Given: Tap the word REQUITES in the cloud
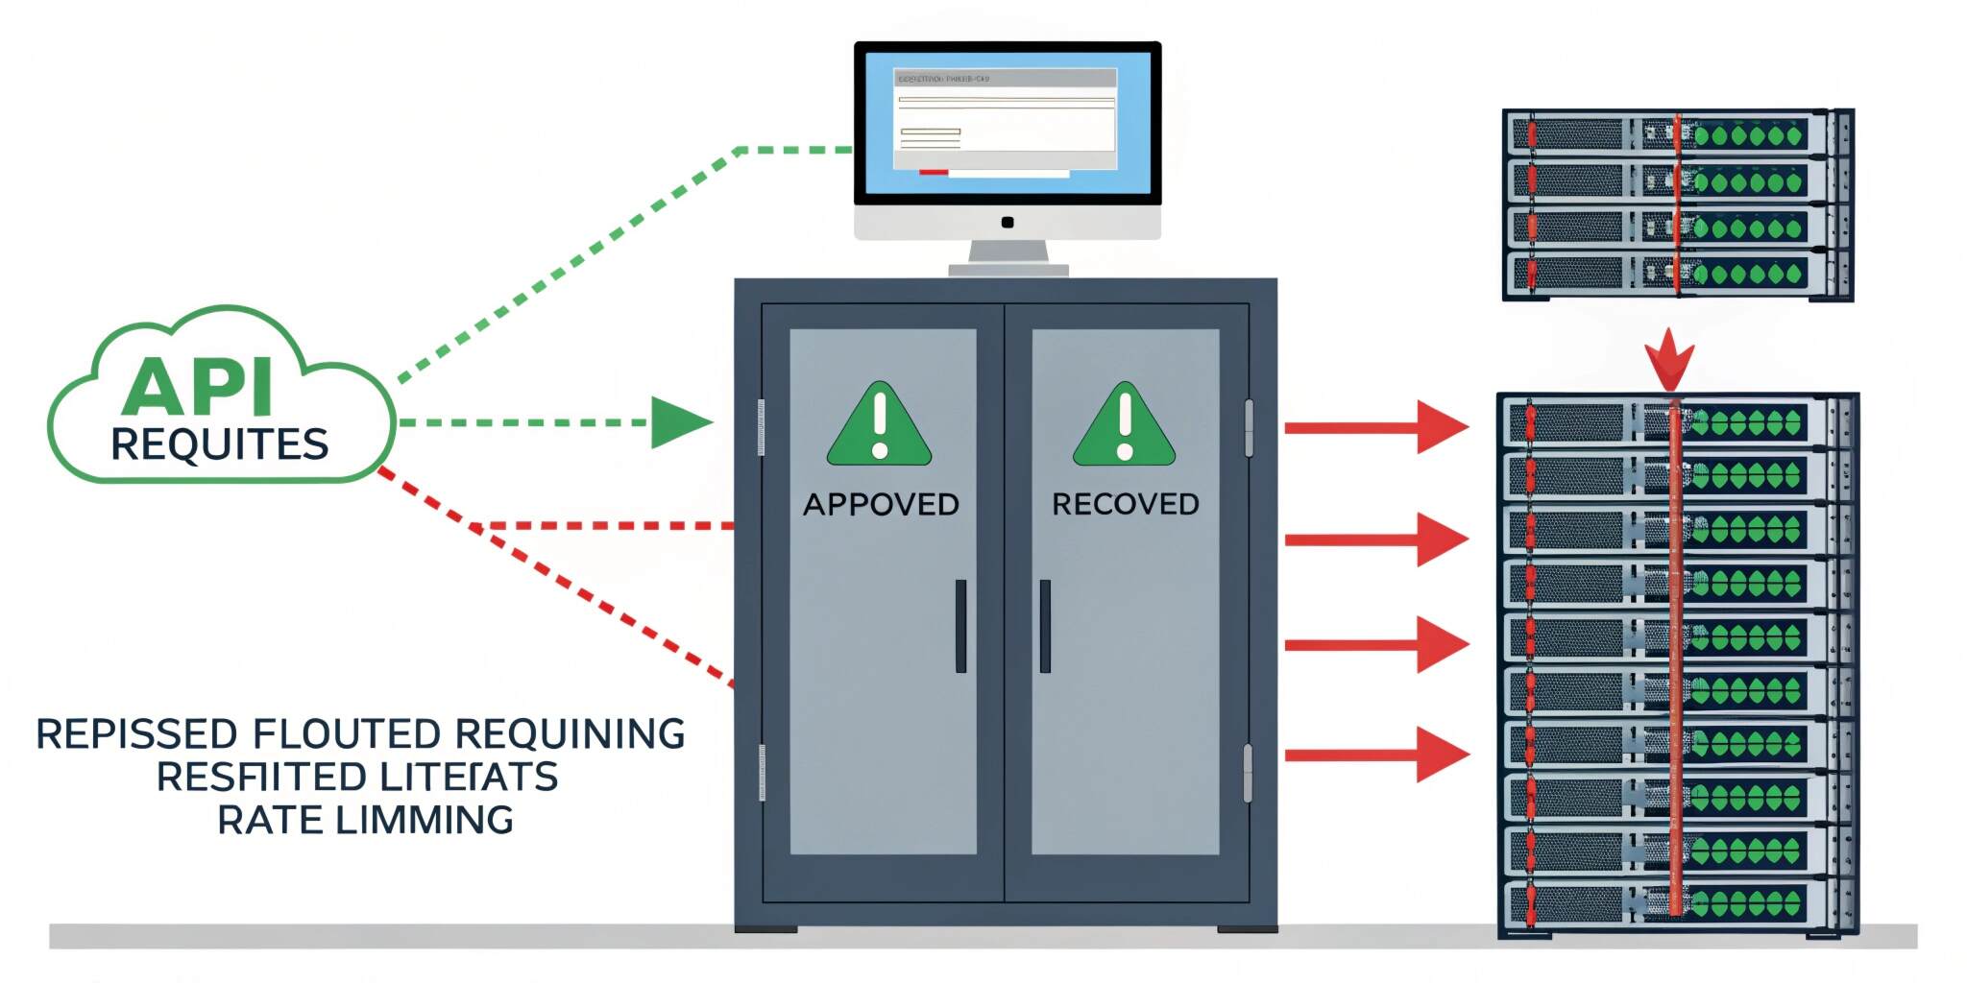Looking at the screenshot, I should click(220, 444).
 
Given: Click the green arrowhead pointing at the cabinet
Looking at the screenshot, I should click(680, 422).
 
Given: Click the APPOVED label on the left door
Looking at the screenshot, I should click(881, 505).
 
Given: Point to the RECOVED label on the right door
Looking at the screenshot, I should click(1126, 505).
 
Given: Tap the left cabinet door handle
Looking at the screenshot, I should click(960, 626).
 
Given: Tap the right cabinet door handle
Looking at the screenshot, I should click(1045, 626).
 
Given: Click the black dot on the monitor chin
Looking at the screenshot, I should click(1008, 223).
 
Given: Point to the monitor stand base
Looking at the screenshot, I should click(1008, 270).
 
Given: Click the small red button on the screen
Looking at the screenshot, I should click(934, 173).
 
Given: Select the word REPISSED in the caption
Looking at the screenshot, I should click(136, 734).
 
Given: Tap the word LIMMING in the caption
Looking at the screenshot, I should click(424, 821).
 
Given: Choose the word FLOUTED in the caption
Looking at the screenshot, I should click(347, 734).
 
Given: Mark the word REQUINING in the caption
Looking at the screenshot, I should click(570, 734).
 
